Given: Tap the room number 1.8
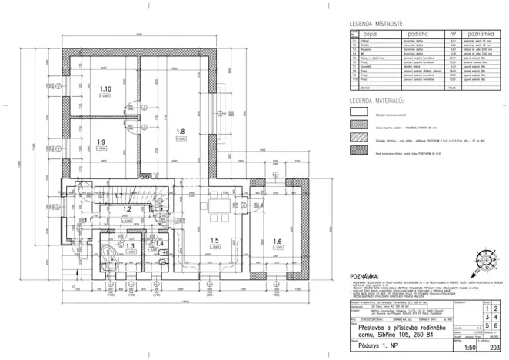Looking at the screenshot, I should [181, 132].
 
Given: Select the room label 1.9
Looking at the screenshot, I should [101, 142].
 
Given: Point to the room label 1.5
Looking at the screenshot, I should [216, 241].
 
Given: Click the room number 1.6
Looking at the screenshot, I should [277, 241].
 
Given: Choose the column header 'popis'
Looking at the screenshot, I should [371, 35].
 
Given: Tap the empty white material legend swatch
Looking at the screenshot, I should [361, 112].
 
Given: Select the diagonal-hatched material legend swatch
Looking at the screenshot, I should [361, 139].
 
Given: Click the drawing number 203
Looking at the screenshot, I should [485, 346].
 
